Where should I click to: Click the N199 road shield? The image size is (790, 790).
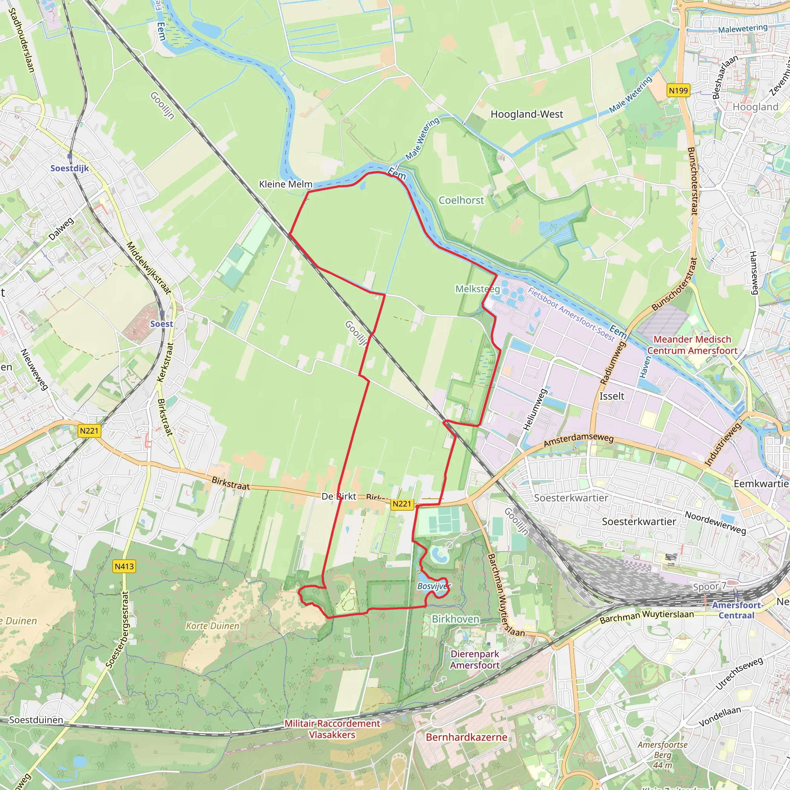pyautogui.click(x=678, y=90)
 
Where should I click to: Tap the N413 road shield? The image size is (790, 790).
pyautogui.click(x=124, y=566)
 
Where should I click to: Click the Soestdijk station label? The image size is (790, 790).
pyautogui.click(x=69, y=168)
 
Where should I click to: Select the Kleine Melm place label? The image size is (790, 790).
pyautogui.click(x=285, y=184)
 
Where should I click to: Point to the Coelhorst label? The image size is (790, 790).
pyautogui.click(x=461, y=200)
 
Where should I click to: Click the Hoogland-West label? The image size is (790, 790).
pyautogui.click(x=527, y=114)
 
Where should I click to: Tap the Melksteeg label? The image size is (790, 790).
pyautogui.click(x=478, y=289)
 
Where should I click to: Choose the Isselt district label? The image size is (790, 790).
pyautogui.click(x=612, y=396)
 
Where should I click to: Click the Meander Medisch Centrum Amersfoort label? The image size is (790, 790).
pyautogui.click(x=692, y=345)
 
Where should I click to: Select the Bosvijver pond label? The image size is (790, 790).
pyautogui.click(x=434, y=586)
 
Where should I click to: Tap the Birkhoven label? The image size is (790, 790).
pyautogui.click(x=456, y=619)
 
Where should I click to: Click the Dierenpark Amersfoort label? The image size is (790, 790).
pyautogui.click(x=475, y=660)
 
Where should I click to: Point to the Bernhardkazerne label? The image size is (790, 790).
pyautogui.click(x=467, y=737)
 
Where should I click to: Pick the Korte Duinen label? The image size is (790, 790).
pyautogui.click(x=212, y=626)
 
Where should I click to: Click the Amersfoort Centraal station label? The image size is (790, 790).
pyautogui.click(x=736, y=610)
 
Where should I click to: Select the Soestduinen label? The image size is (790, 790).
pyautogui.click(x=36, y=720)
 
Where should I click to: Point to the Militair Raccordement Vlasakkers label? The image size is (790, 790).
pyautogui.click(x=332, y=729)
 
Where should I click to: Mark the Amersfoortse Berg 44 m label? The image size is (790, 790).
pyautogui.click(x=662, y=755)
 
